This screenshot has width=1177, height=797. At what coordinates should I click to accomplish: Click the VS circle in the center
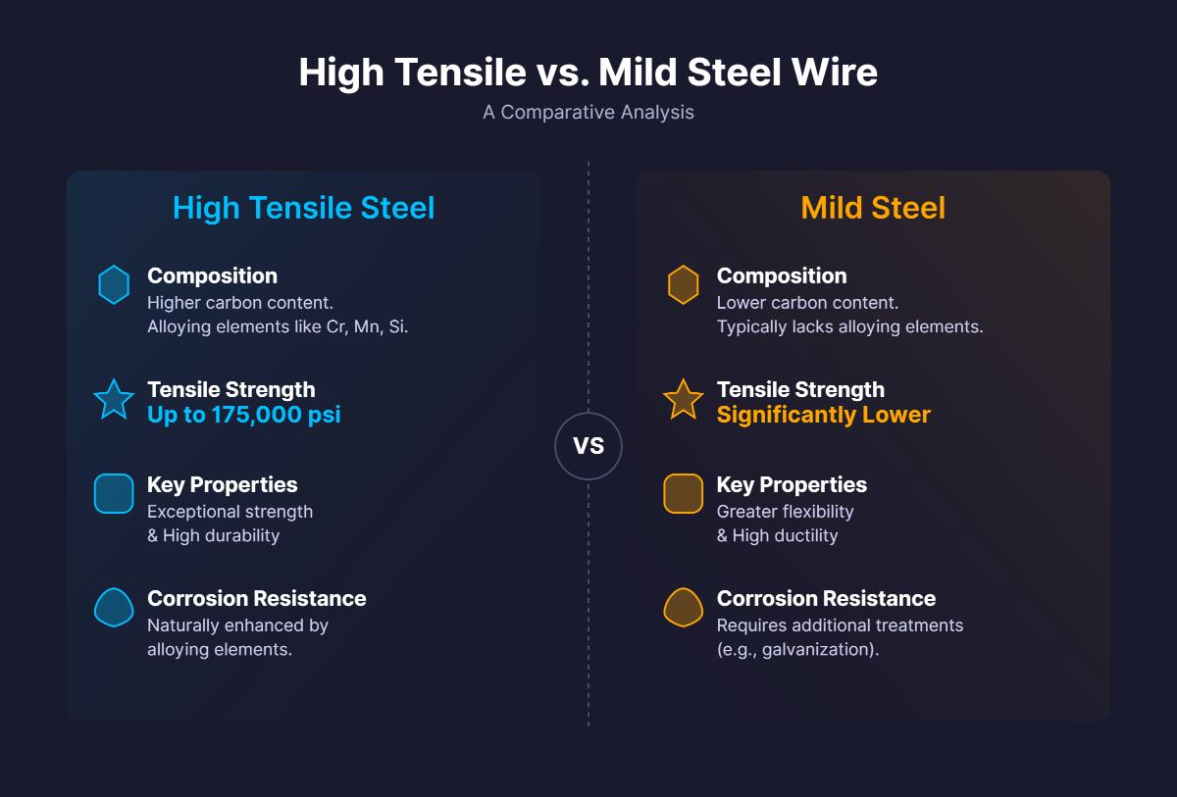[x=588, y=446]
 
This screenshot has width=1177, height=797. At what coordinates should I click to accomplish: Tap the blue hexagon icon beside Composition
[x=114, y=285]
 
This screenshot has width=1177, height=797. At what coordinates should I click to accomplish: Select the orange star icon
[x=684, y=400]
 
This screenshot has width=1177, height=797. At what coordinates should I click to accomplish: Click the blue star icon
[x=114, y=400]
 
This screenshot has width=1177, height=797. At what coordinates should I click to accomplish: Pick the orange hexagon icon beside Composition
[x=684, y=285]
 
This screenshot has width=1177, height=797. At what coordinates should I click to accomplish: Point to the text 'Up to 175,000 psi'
[x=244, y=415]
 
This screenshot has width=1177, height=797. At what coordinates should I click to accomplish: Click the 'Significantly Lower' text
[x=823, y=415]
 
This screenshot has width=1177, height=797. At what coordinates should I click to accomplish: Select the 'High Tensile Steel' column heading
[x=303, y=208]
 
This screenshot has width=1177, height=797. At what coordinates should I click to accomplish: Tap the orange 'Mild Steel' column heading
[x=873, y=208]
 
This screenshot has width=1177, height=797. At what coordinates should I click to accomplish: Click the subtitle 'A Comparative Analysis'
[x=588, y=112]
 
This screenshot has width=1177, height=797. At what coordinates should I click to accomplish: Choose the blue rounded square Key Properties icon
[x=114, y=494]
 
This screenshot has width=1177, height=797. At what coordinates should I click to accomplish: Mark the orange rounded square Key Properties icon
[x=684, y=494]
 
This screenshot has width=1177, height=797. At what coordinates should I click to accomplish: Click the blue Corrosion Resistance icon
[x=114, y=608]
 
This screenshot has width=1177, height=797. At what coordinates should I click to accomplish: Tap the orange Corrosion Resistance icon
[x=684, y=608]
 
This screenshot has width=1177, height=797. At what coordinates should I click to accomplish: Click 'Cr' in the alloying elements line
[x=335, y=326]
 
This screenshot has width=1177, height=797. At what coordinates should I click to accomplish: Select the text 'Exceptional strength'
[x=230, y=511]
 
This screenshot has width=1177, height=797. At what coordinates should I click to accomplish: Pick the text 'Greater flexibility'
[x=785, y=511]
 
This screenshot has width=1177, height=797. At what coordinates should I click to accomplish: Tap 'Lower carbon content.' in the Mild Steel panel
[x=807, y=302]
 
